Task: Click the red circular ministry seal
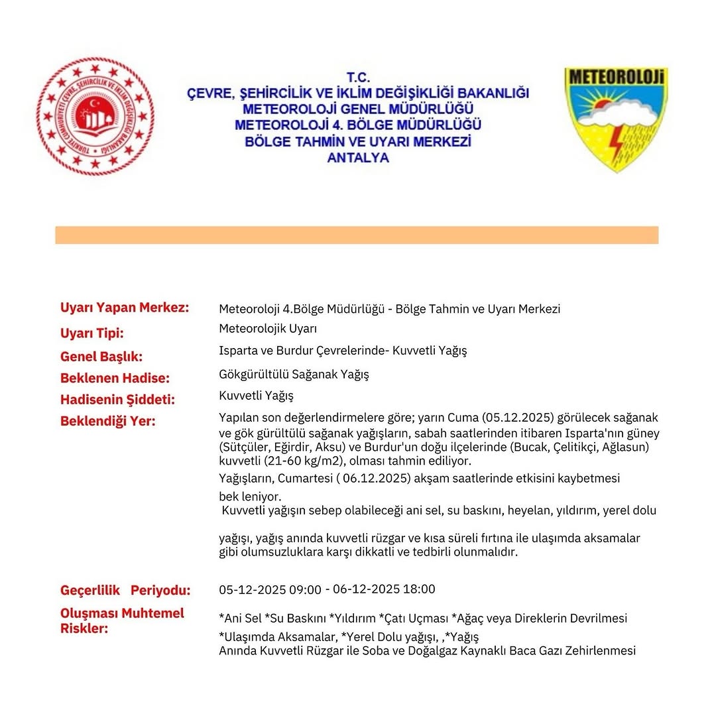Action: click(95, 116)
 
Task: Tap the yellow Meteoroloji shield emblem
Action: click(616, 118)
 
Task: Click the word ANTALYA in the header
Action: click(358, 158)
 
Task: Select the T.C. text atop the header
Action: click(358, 78)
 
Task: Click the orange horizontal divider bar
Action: click(357, 235)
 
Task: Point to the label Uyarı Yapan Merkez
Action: click(125, 308)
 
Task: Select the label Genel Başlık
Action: click(101, 357)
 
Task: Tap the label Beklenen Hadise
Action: click(115, 378)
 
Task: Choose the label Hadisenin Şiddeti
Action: click(117, 400)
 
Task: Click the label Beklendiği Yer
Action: click(107, 421)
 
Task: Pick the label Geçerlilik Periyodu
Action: click(125, 590)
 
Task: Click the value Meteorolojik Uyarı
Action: click(268, 329)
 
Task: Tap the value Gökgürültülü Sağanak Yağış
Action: click(294, 375)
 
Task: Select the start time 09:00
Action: click(307, 590)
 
